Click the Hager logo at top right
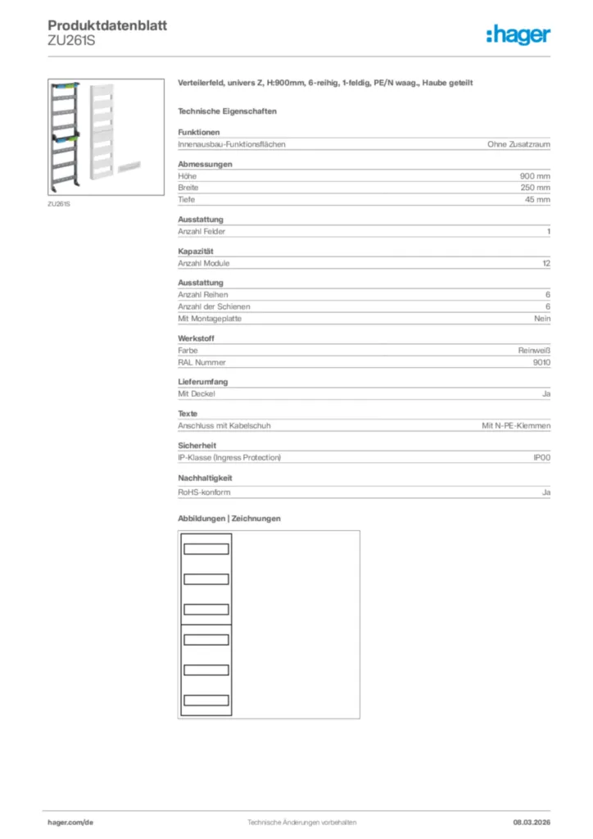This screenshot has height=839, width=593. click(x=518, y=34)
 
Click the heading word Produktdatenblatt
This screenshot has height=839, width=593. click(x=107, y=26)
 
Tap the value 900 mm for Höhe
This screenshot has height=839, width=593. click(x=535, y=176)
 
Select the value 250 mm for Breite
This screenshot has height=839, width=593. click(x=535, y=188)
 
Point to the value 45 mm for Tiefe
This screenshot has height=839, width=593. click(x=537, y=199)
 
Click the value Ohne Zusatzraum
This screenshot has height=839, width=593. click(x=518, y=144)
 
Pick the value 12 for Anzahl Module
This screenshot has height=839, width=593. click(x=546, y=264)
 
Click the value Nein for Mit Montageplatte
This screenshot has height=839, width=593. click(x=542, y=318)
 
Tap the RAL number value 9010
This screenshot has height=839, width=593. click(x=541, y=361)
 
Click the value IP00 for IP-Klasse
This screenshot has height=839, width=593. click(x=541, y=457)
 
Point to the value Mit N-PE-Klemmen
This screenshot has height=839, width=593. click(x=516, y=426)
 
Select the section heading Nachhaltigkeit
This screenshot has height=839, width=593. click(x=205, y=477)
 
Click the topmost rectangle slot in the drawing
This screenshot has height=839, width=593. click(x=206, y=549)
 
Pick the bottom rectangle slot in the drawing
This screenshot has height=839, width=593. click(x=206, y=700)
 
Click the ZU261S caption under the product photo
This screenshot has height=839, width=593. click(x=58, y=203)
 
